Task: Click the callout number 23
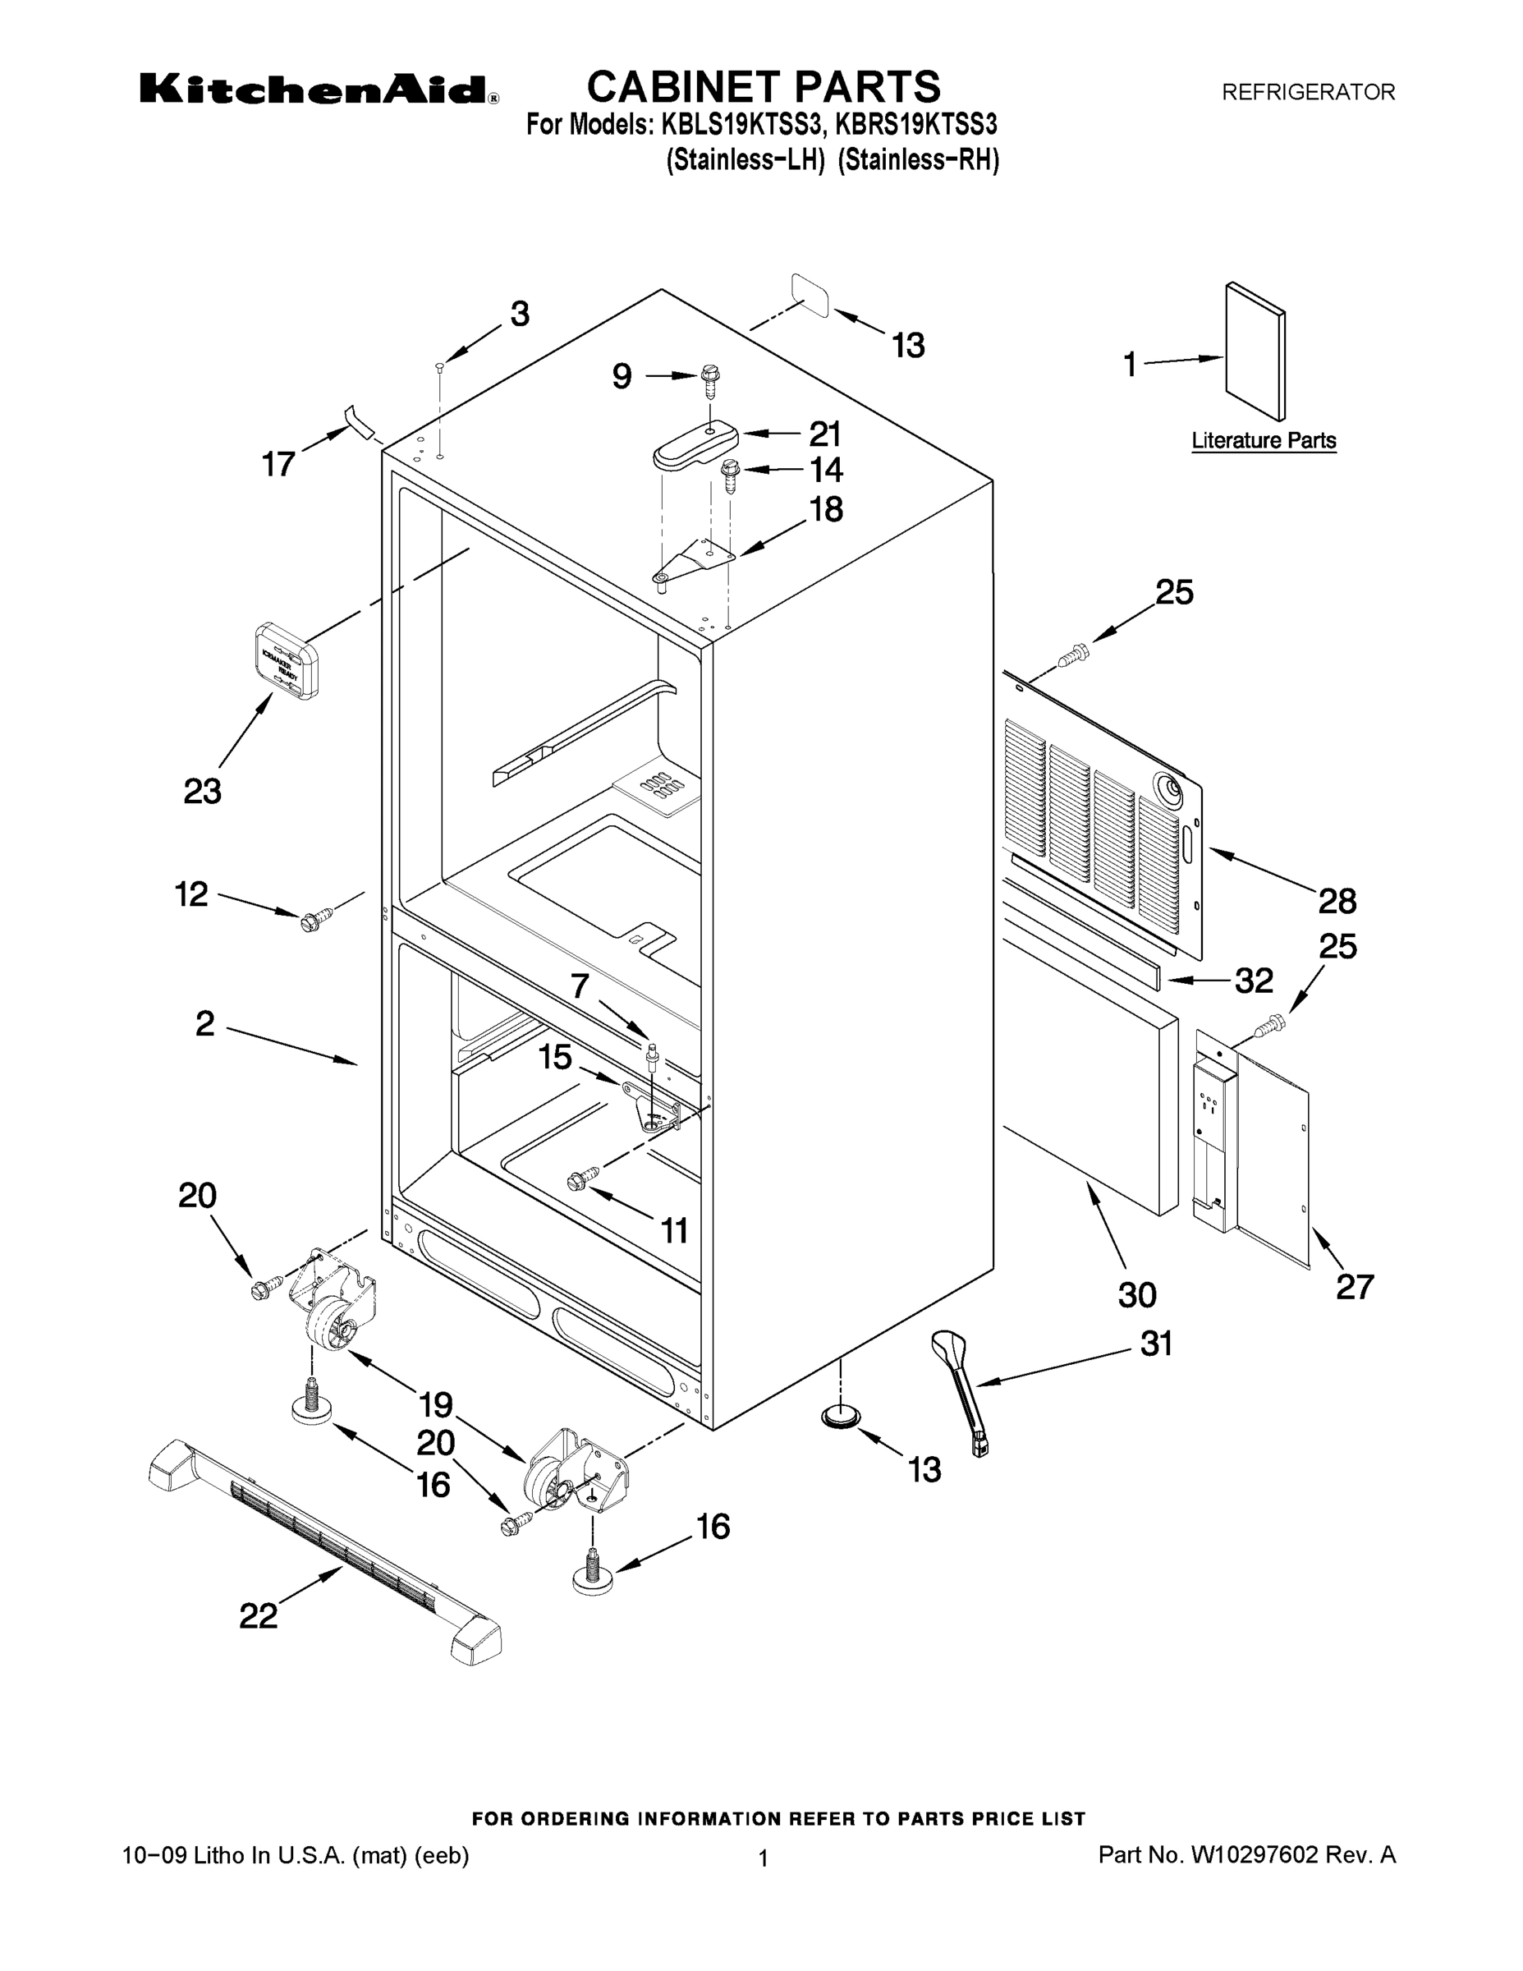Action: point(202,792)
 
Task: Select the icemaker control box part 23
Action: point(284,660)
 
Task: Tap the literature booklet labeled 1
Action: point(1255,352)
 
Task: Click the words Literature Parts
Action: point(1264,441)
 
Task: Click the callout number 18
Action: point(826,510)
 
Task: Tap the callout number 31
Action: point(1156,1344)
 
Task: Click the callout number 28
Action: point(1337,901)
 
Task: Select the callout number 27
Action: point(1354,1286)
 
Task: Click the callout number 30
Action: point(1137,1295)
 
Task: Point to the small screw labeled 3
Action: point(438,366)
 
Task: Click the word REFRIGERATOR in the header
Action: point(1308,92)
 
